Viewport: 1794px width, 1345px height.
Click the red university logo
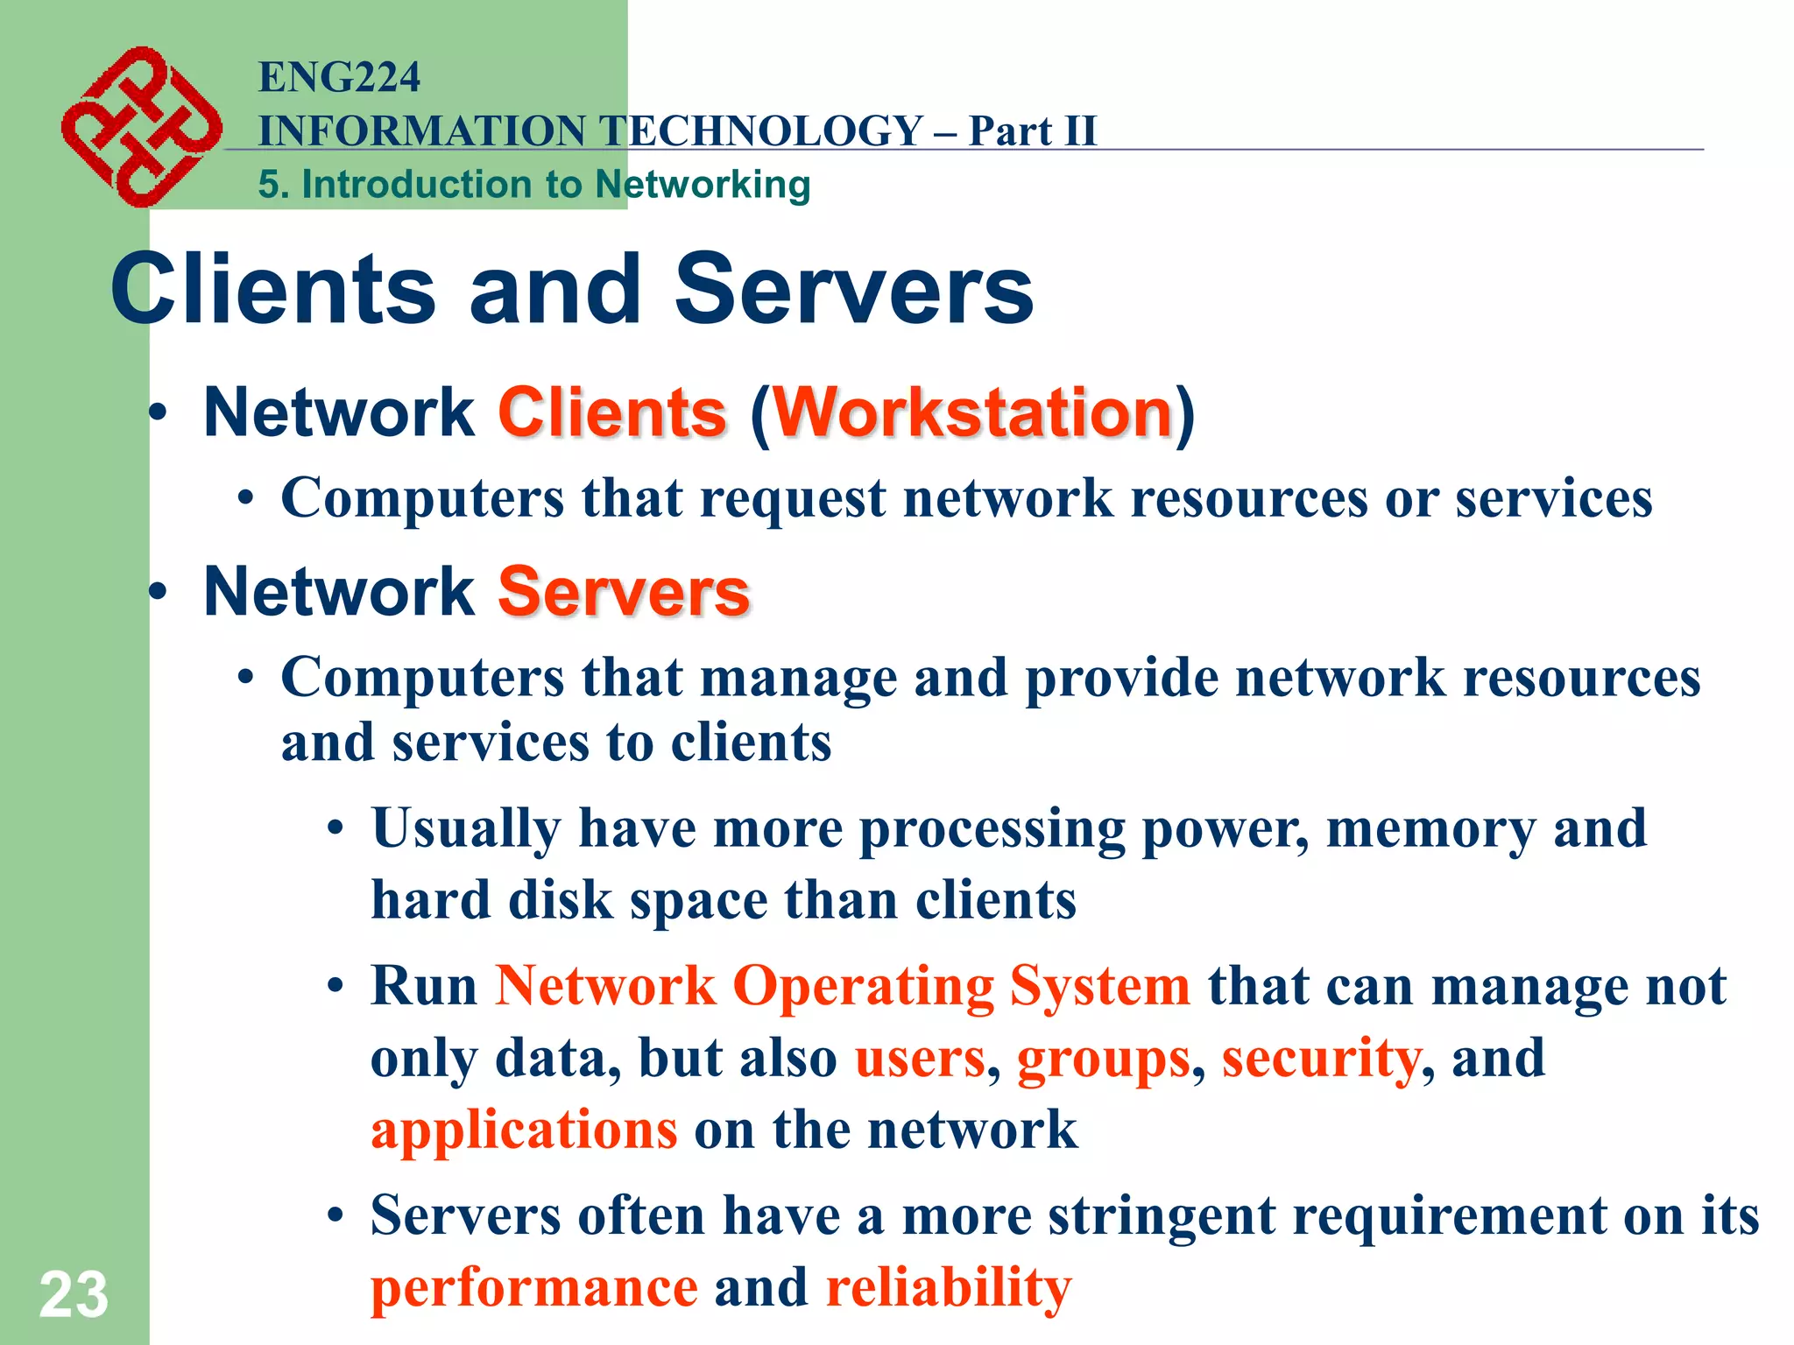(x=140, y=126)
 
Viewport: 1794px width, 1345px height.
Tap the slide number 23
(x=74, y=1294)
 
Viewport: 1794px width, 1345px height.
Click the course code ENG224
(x=339, y=77)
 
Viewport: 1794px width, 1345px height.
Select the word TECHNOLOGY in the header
(x=763, y=131)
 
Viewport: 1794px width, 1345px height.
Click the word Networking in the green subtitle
(x=703, y=185)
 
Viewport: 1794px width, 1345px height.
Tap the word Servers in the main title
(x=854, y=289)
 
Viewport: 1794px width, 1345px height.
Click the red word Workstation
(x=972, y=412)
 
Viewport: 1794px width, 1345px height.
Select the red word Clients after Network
(x=612, y=412)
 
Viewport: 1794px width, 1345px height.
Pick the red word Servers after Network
(x=624, y=592)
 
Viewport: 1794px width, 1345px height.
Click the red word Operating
(x=863, y=987)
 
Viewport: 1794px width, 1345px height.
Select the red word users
(x=920, y=1059)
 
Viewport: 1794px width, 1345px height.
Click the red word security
(x=1321, y=1059)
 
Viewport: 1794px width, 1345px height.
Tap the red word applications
(x=524, y=1130)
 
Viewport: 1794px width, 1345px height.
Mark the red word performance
(x=534, y=1289)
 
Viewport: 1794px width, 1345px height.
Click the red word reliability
(x=949, y=1288)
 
